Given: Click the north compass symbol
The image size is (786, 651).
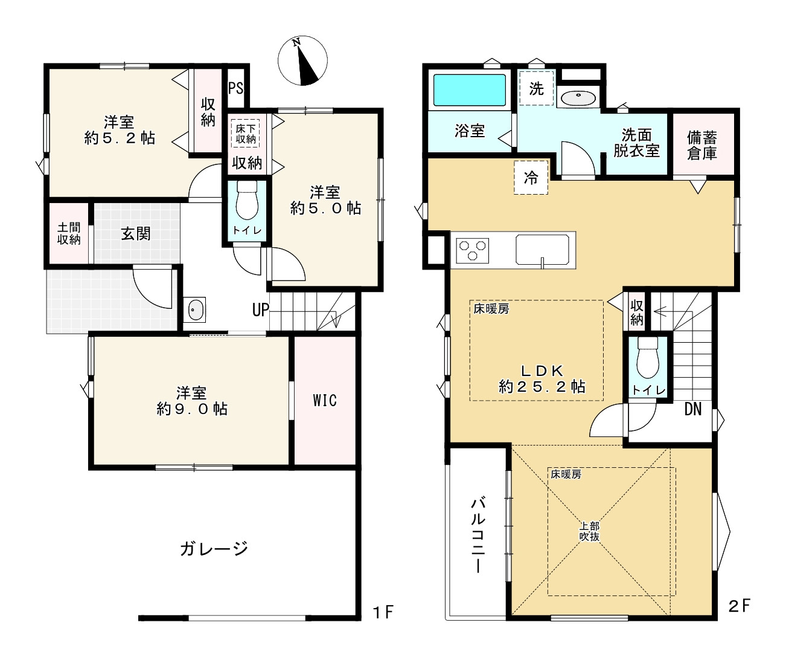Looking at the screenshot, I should tap(302, 61).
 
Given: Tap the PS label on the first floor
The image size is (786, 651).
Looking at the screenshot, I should tap(235, 88).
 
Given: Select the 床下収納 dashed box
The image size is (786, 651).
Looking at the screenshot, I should tap(246, 133).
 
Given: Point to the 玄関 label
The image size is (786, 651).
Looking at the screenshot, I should tap(136, 233).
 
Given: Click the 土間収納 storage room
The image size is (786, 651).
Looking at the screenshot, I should tap(69, 233).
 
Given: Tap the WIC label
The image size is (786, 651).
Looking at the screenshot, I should tap(325, 400).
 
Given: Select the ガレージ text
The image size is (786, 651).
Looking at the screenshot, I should tap(214, 548).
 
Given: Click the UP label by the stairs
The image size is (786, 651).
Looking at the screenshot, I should tap(260, 310).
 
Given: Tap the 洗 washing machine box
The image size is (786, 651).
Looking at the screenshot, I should tap(536, 88).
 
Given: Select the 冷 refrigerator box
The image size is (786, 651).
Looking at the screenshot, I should tap(531, 178).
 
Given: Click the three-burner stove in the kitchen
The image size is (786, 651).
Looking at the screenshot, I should tap(473, 251).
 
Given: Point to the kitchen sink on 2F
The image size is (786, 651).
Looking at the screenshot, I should tap(542, 250).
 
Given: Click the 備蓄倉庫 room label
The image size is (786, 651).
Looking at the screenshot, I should tap(702, 146).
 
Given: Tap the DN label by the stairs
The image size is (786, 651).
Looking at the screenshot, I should tap(693, 409).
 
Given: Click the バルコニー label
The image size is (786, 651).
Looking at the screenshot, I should tap(479, 534).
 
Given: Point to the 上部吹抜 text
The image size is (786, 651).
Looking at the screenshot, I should tap(590, 531).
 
